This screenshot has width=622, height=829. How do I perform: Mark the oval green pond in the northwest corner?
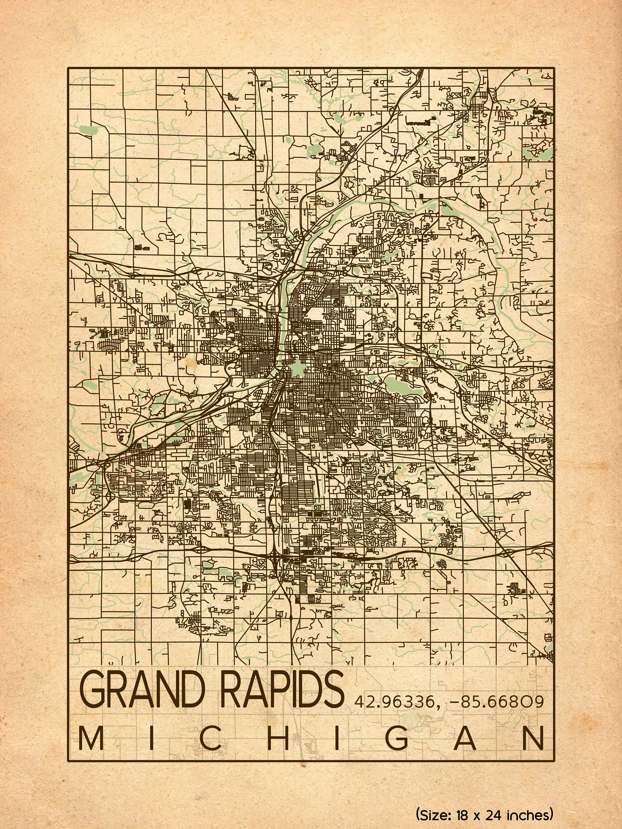click(x=88, y=130)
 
